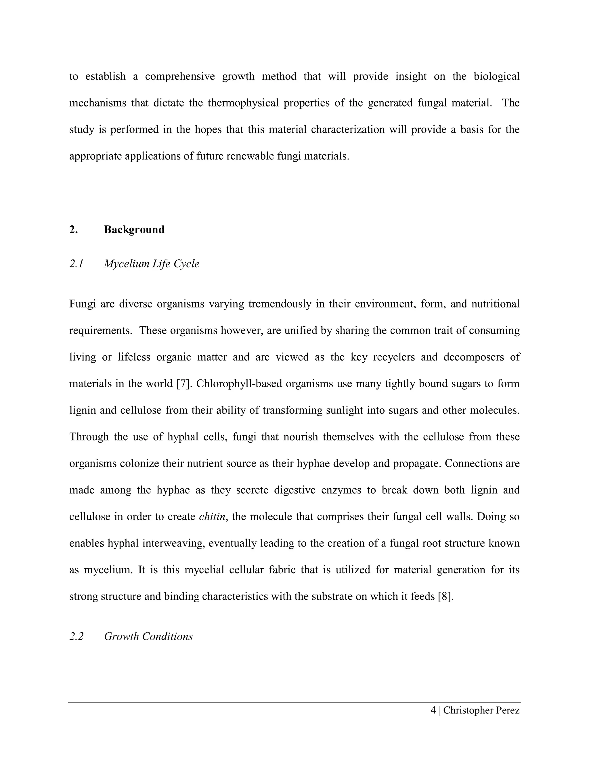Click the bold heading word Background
coord(134,229)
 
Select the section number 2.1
coord(77,263)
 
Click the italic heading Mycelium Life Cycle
coord(152,263)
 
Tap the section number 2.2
coord(77,636)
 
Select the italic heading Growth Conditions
coord(148,636)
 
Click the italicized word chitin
coord(212,516)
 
